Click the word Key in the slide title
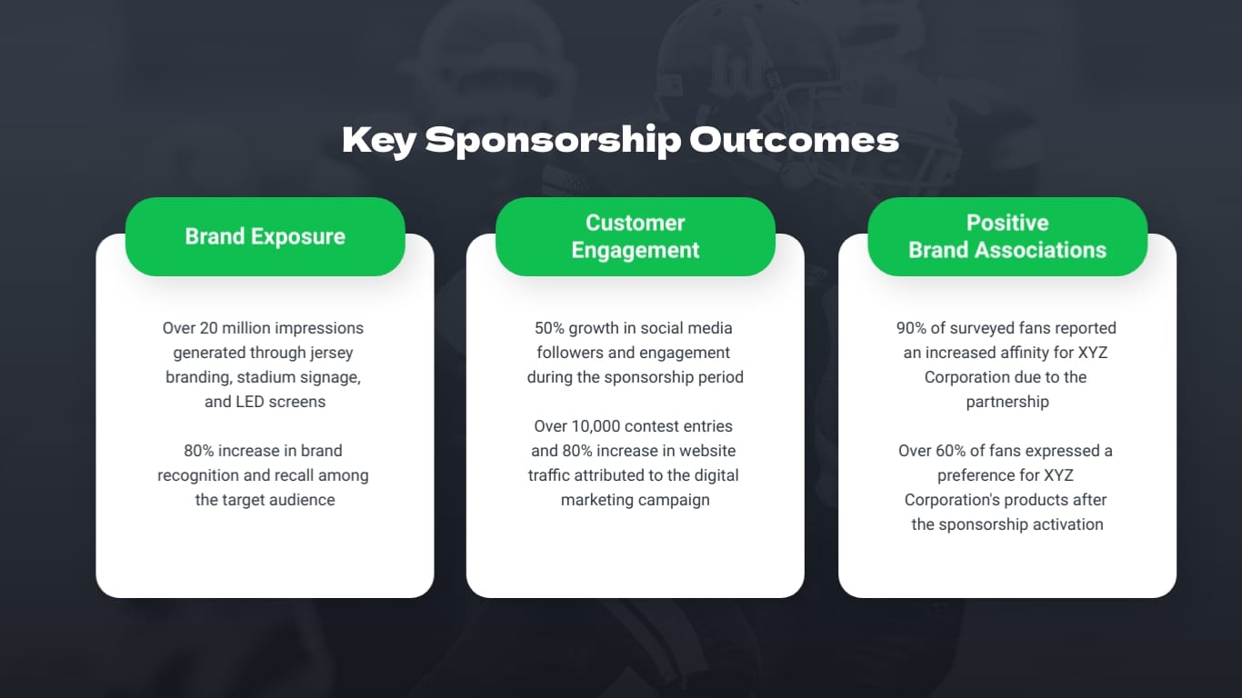pyautogui.click(x=378, y=140)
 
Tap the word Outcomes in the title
pyautogui.click(x=794, y=140)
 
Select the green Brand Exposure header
pyautogui.click(x=265, y=236)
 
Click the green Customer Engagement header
pyautogui.click(x=635, y=236)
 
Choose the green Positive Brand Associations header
pyautogui.click(x=1007, y=236)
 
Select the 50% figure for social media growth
pyautogui.click(x=549, y=328)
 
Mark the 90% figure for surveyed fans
pyautogui.click(x=912, y=328)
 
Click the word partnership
pyautogui.click(x=1007, y=402)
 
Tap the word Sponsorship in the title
pyautogui.click(x=552, y=140)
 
